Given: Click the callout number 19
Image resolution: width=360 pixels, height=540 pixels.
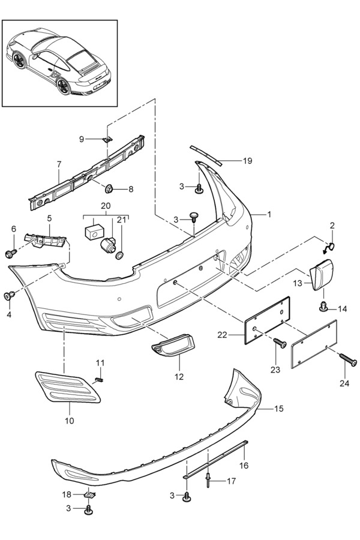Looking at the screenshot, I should (x=231, y=161).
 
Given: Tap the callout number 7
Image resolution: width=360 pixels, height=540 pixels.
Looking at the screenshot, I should (x=59, y=163).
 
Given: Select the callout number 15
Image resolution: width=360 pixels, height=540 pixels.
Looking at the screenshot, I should (x=279, y=409).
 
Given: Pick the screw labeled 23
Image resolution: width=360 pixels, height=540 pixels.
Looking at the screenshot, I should (x=280, y=344).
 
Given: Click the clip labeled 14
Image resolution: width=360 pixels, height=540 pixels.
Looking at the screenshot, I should (x=324, y=308).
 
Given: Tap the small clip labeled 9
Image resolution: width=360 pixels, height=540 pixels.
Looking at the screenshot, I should (x=106, y=139).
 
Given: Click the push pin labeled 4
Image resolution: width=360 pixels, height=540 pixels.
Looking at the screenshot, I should (x=10, y=295).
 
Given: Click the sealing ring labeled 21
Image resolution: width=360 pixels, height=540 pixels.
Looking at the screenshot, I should (x=120, y=256).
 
